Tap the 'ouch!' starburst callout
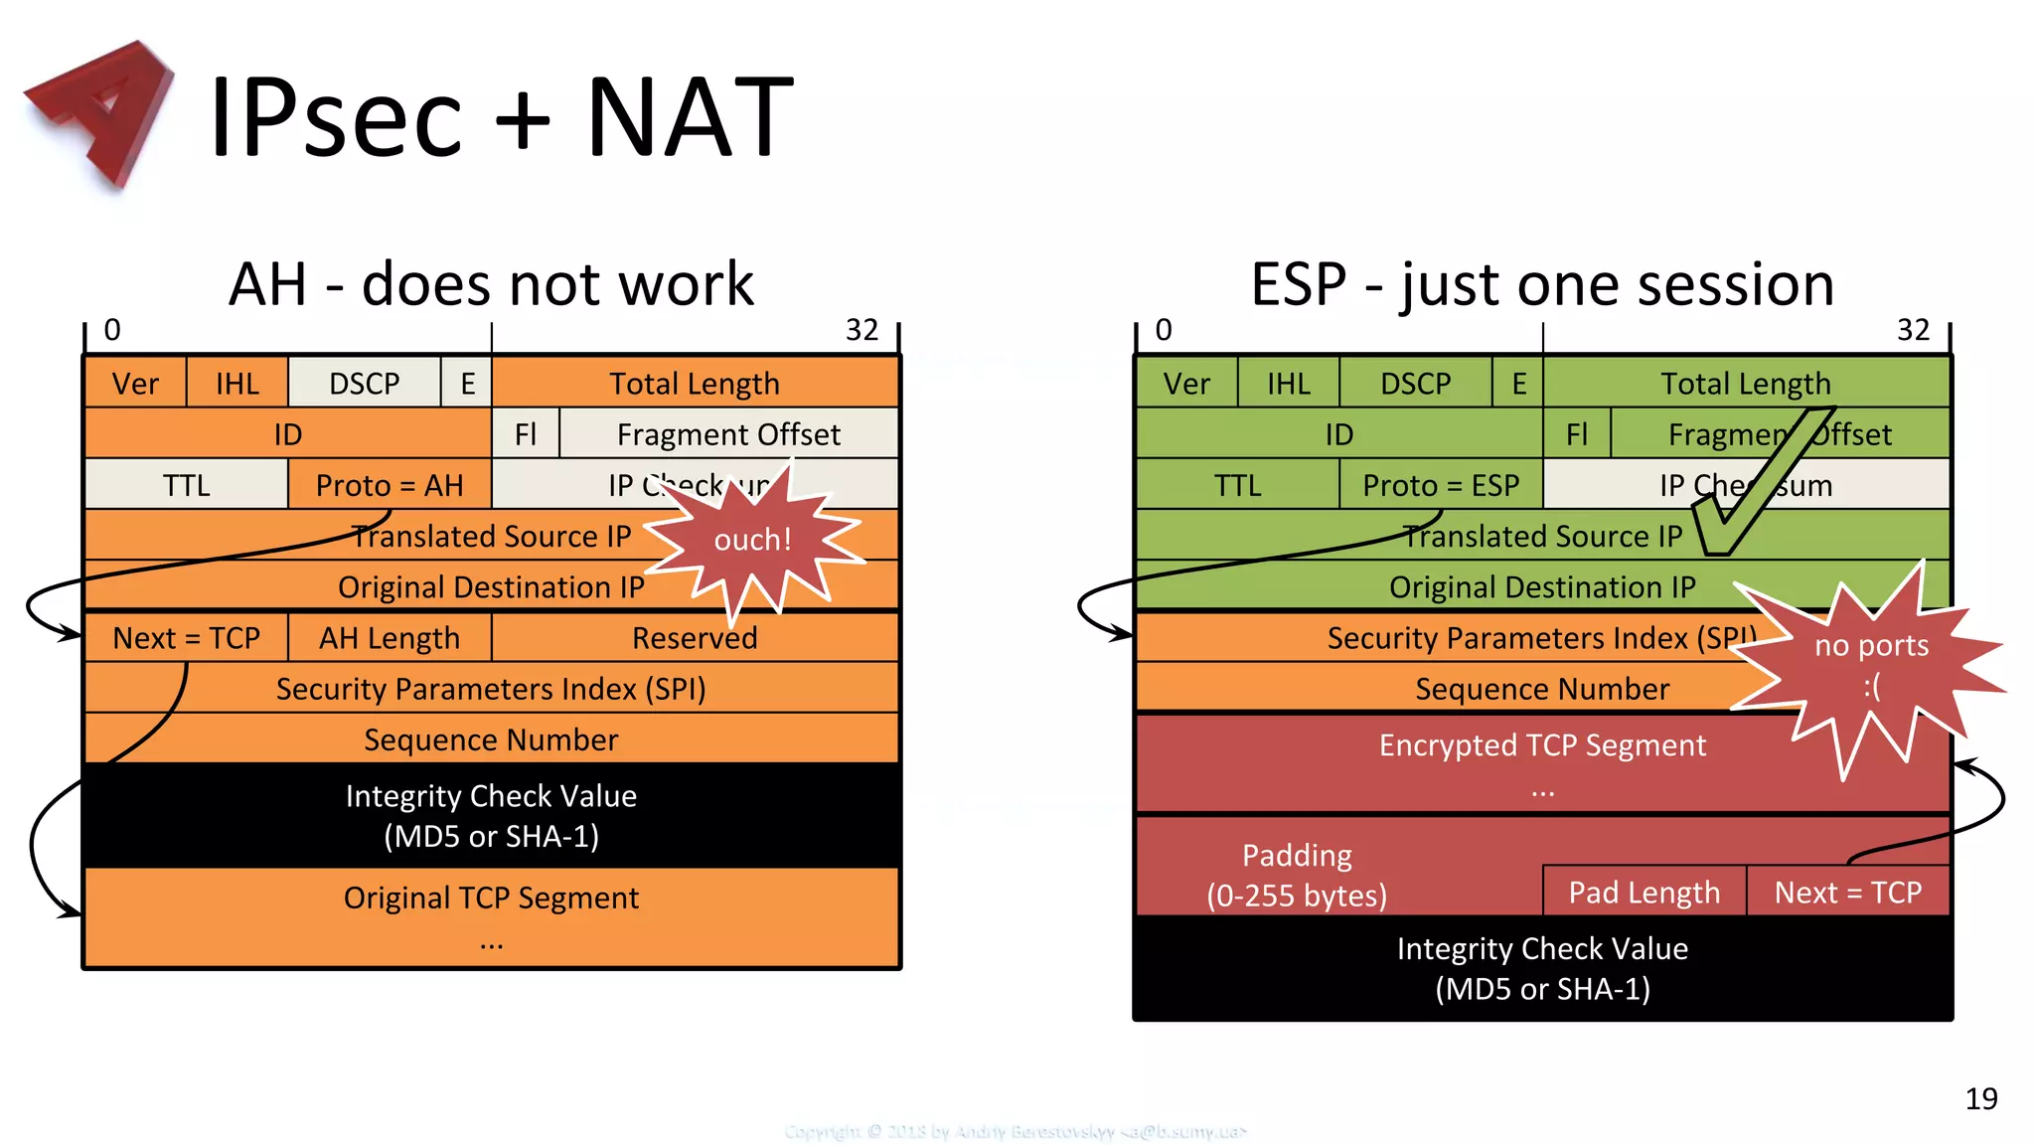[x=752, y=540]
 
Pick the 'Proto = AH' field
[x=390, y=485]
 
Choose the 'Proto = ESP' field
[x=1440, y=485]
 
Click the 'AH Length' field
[x=389, y=638]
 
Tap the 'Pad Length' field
[x=1644, y=893]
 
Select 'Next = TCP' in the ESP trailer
[x=1847, y=893]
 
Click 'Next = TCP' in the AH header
[x=186, y=638]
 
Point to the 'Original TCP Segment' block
[x=491, y=899]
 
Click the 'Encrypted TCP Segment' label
[x=1541, y=745]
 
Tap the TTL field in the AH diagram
[x=186, y=485]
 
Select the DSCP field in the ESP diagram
[x=1415, y=384]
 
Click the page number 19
[x=1980, y=1098]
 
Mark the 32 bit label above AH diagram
[x=861, y=330]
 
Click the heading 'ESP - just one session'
[x=1541, y=284]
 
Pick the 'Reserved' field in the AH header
[x=694, y=638]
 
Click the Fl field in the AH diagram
[x=525, y=434]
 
